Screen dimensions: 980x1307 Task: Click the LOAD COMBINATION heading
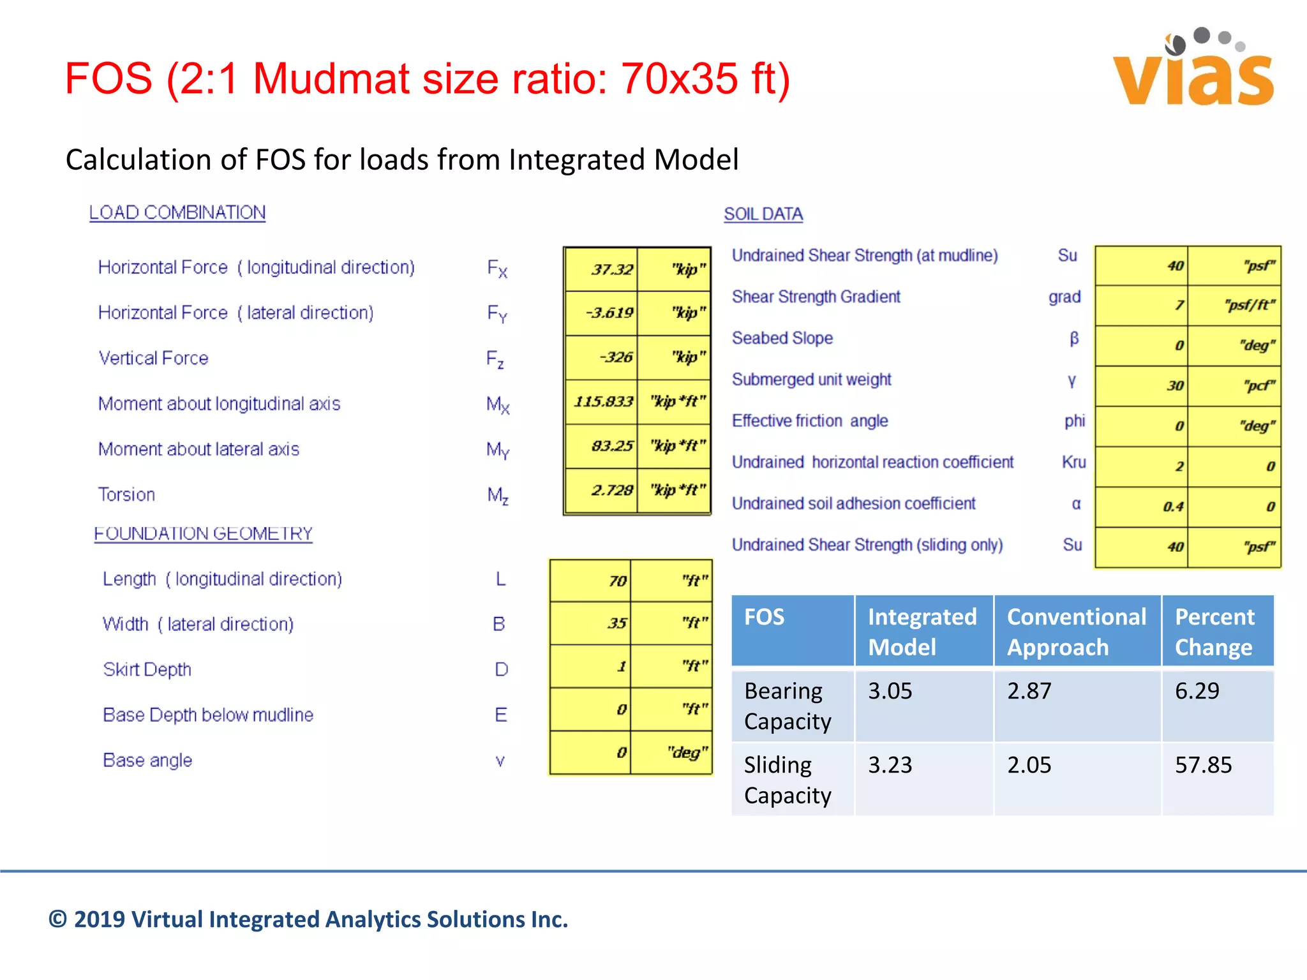click(177, 212)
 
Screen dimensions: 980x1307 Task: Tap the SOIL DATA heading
click(763, 214)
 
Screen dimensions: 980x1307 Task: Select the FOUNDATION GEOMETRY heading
click(203, 533)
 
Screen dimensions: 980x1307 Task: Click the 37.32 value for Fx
click(611, 269)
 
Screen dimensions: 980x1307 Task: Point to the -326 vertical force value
click(616, 357)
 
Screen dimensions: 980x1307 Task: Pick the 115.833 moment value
click(603, 401)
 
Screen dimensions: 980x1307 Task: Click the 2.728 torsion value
click(611, 490)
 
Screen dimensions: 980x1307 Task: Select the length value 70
click(616, 581)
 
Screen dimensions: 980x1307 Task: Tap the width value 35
click(616, 623)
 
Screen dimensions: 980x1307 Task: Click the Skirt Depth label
click(147, 669)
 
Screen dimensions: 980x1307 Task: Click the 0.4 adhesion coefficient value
click(1172, 507)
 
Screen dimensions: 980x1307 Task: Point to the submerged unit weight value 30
click(1175, 385)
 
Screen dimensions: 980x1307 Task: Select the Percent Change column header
click(1214, 632)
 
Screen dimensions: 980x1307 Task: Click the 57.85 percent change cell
click(1203, 765)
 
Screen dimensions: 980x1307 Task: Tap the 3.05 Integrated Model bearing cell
click(890, 691)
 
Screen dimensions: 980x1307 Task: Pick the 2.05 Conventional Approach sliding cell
click(1029, 765)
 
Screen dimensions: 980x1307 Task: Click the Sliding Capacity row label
click(788, 780)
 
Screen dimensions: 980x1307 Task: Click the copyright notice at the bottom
click(308, 919)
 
